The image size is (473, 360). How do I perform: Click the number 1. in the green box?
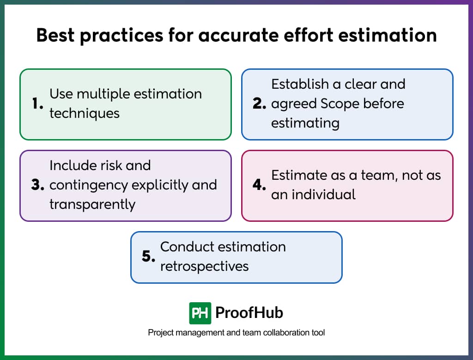pyautogui.click(x=37, y=104)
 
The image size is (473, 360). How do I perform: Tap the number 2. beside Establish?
pyautogui.click(x=259, y=104)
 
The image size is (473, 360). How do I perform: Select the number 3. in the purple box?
pyautogui.click(x=37, y=185)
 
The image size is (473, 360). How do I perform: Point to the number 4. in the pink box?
pyautogui.click(x=259, y=185)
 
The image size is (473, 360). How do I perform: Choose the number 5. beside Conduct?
pyautogui.click(x=148, y=257)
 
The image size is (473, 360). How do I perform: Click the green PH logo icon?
pyautogui.click(x=200, y=313)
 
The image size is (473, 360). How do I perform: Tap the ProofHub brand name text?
pyautogui.click(x=249, y=313)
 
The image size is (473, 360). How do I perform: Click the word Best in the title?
pyautogui.click(x=55, y=36)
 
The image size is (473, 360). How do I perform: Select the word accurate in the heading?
pyautogui.click(x=238, y=36)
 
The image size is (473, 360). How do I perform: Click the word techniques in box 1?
pyautogui.click(x=85, y=113)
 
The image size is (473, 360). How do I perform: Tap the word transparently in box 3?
pyautogui.click(x=92, y=204)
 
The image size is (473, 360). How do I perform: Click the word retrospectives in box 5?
pyautogui.click(x=204, y=266)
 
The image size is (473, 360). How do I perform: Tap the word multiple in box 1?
pyautogui.click(x=97, y=94)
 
